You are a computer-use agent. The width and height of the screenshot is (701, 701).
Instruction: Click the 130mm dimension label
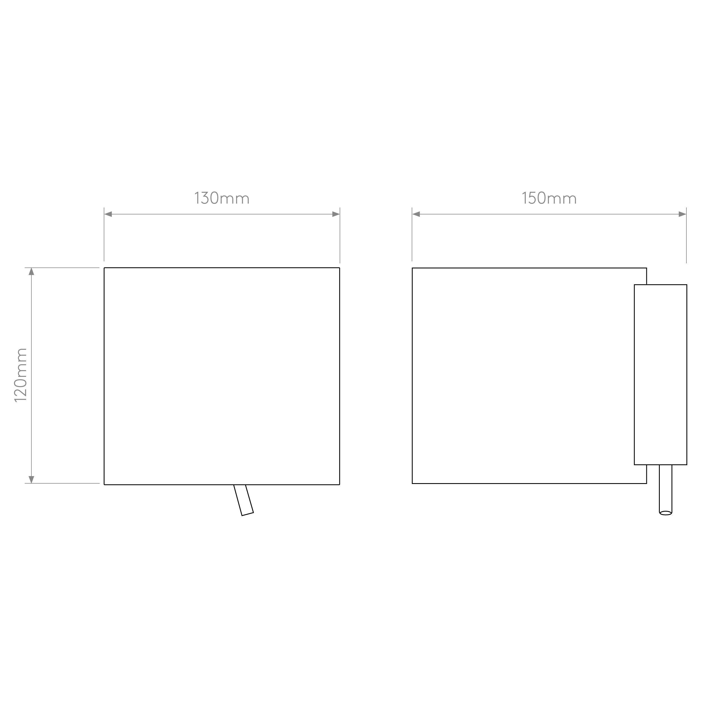click(222, 198)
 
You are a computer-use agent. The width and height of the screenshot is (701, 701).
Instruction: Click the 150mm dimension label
click(549, 198)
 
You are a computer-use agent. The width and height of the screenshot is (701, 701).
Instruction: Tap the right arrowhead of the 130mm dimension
click(336, 214)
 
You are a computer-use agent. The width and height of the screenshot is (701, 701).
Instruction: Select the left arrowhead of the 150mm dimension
click(416, 214)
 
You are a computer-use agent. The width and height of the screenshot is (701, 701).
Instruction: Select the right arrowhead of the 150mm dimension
click(682, 214)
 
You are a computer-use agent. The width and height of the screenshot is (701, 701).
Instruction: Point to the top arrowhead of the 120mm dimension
click(32, 272)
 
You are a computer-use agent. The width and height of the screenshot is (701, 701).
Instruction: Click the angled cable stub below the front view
click(243, 500)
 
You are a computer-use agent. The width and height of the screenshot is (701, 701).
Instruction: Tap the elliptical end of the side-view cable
click(665, 513)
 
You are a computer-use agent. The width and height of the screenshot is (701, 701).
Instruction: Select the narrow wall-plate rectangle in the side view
click(660, 374)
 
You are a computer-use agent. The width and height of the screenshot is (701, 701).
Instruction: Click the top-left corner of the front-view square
click(104, 268)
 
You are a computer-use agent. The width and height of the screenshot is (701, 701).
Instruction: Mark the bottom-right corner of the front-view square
click(340, 484)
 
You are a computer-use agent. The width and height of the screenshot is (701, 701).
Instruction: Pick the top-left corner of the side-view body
click(412, 268)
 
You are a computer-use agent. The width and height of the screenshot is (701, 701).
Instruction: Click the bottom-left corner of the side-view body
click(412, 483)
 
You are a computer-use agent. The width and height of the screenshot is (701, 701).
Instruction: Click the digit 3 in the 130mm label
click(205, 198)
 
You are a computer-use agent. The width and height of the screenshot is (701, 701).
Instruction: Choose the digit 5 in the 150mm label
click(532, 198)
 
